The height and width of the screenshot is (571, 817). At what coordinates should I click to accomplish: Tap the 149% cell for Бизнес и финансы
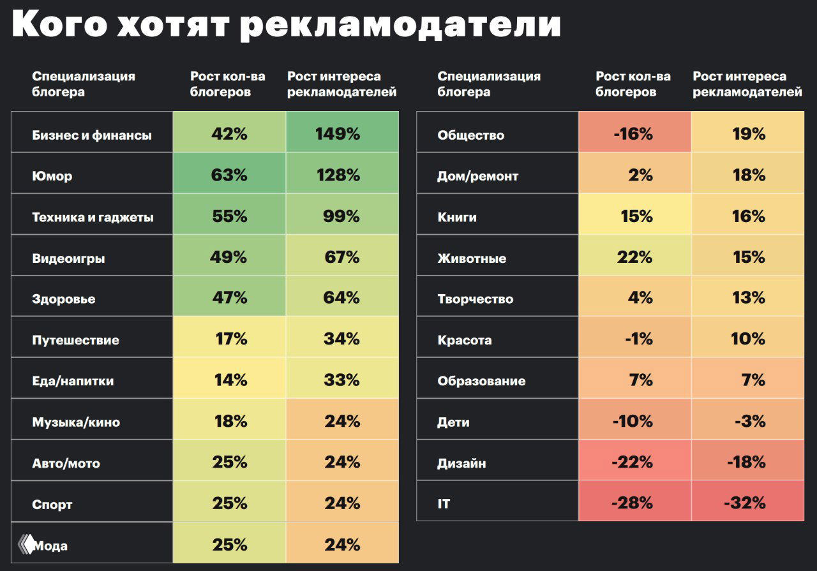pos(342,134)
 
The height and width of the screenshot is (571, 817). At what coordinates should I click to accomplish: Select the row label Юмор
pos(52,176)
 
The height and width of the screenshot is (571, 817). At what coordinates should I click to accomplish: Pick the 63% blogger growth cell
pos(229,175)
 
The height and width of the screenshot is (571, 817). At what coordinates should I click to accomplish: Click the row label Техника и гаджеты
pos(93,217)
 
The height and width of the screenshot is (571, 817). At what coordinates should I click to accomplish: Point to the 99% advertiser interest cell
pos(342,216)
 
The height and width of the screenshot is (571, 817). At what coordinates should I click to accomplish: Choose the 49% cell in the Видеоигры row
pos(229,257)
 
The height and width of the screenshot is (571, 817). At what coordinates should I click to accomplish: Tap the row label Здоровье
pos(64,299)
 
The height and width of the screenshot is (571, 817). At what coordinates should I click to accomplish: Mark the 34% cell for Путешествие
pos(342,339)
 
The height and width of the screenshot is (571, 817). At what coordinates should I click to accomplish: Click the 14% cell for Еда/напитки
pos(229,380)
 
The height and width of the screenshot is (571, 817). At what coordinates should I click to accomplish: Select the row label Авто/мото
pos(66,463)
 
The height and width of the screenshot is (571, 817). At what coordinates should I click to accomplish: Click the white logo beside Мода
pos(26,544)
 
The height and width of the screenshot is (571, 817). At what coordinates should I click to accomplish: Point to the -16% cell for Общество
pos(634,134)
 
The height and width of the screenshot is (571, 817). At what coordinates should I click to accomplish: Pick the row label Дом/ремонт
pos(478,176)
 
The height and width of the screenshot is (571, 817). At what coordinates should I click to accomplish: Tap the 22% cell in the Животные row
pos(634,257)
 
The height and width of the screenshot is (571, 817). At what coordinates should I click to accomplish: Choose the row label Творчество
pos(476,299)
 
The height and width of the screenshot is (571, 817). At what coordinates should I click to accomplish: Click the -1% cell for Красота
pos(634,339)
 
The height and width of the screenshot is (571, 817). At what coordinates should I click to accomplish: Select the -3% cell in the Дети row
pos(747,421)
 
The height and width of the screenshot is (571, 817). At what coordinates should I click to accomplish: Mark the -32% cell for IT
pos(747,503)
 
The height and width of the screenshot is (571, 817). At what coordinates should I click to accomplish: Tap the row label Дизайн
pos(461,463)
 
